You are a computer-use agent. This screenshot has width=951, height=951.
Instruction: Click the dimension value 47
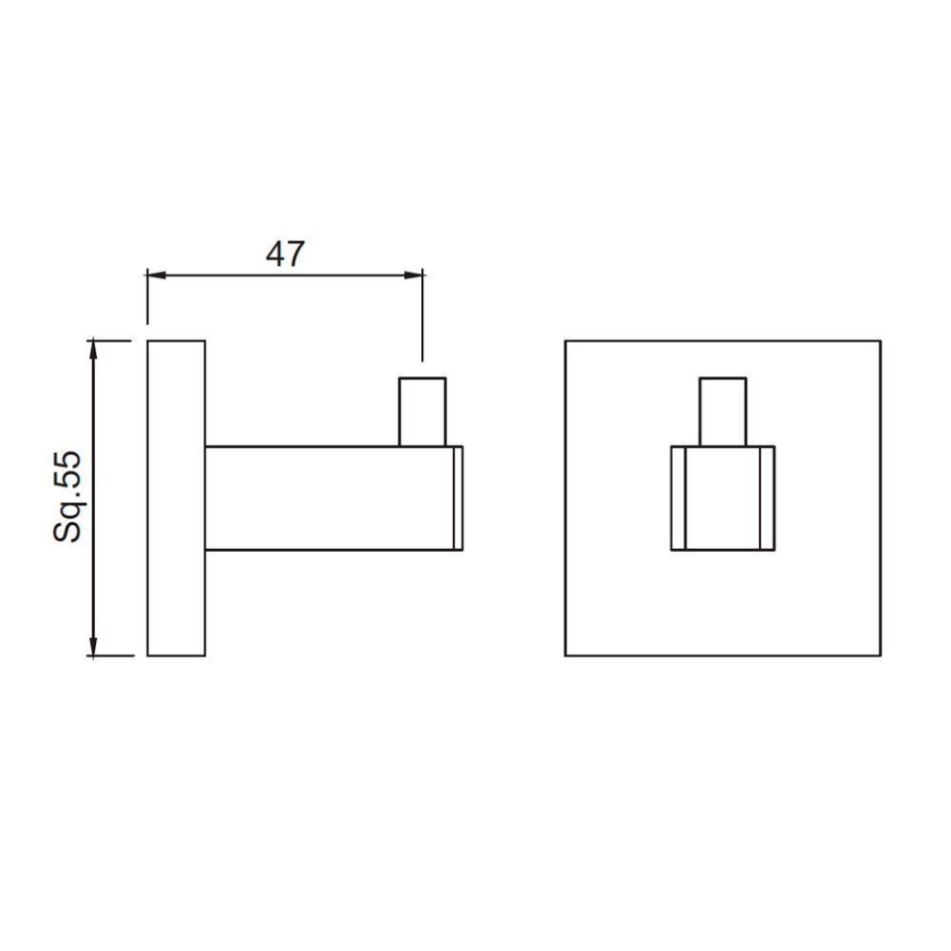(284, 254)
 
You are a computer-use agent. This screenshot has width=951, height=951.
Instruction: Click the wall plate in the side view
(176, 498)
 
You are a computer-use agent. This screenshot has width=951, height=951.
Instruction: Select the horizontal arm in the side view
(327, 498)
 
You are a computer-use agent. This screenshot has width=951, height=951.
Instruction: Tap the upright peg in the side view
(423, 411)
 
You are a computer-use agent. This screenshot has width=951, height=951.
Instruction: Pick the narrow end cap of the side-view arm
(458, 498)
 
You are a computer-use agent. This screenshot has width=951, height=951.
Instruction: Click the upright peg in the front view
(723, 411)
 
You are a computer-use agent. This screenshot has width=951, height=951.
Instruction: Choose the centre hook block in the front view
(723, 498)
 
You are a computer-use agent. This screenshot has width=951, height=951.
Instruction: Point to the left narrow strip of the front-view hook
(679, 498)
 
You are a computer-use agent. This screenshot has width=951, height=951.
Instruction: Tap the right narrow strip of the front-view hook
(768, 498)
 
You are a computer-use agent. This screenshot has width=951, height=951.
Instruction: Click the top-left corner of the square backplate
(566, 342)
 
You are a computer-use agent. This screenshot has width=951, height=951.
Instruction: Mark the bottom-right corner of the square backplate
(880, 655)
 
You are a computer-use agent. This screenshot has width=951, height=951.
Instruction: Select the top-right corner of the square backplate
(880, 342)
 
